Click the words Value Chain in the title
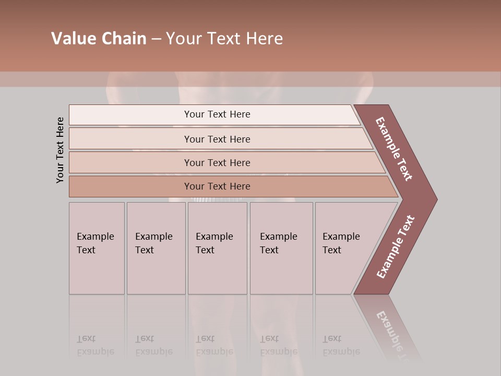coord(99,39)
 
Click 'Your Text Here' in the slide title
coord(224,39)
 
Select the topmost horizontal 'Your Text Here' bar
coord(217,114)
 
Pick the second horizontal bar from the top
coord(217,139)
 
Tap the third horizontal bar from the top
coord(217,162)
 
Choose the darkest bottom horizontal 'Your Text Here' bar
coord(217,186)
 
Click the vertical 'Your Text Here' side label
coord(60,150)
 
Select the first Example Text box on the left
coord(97,248)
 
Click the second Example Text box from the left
coord(156,248)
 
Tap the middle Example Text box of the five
coord(217,248)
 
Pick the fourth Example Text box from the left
coord(281,248)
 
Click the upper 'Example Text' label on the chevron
coord(394,149)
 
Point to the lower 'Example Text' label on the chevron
coord(396,247)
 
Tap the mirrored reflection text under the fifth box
coord(341,345)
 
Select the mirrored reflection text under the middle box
coord(214,345)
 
